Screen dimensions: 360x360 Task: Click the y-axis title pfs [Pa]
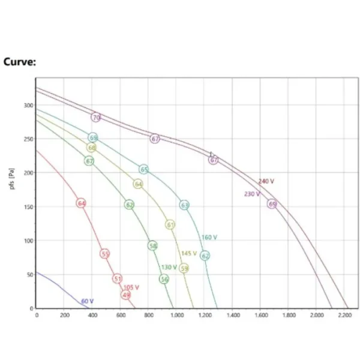[x=13, y=178]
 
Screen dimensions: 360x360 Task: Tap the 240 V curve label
[x=266, y=181]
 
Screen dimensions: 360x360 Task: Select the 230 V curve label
[x=252, y=194]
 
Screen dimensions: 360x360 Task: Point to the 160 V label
[x=209, y=237]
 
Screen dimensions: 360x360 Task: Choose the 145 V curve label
[x=189, y=253]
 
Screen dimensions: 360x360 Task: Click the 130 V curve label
[x=169, y=267]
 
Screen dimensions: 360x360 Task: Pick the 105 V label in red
[x=131, y=287]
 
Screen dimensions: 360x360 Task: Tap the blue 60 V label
[x=88, y=301]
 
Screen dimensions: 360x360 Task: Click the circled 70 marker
[x=96, y=118]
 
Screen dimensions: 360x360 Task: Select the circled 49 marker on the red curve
[x=126, y=295]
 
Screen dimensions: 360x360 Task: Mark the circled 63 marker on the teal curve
[x=184, y=205]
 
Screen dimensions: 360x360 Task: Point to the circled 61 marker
[x=170, y=224]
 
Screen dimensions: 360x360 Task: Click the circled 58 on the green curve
[x=152, y=245]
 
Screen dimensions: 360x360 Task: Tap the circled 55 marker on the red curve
[x=105, y=254]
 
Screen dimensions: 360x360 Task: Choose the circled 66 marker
[x=91, y=148]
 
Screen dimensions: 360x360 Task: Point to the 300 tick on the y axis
[x=28, y=106]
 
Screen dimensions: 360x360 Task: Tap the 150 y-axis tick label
[x=28, y=207]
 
